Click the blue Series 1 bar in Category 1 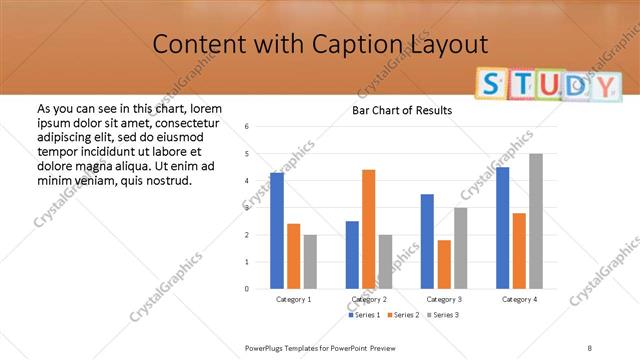click(x=277, y=231)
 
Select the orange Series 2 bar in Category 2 click(x=368, y=229)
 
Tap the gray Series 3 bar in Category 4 click(x=536, y=221)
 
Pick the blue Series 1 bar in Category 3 click(x=427, y=241)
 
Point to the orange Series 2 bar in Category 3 click(x=444, y=264)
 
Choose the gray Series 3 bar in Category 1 click(x=310, y=262)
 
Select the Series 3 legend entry click(x=443, y=315)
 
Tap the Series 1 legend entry click(x=363, y=315)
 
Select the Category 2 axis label click(x=368, y=299)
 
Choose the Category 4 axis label click(x=518, y=299)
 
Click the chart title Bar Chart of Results click(x=402, y=110)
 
